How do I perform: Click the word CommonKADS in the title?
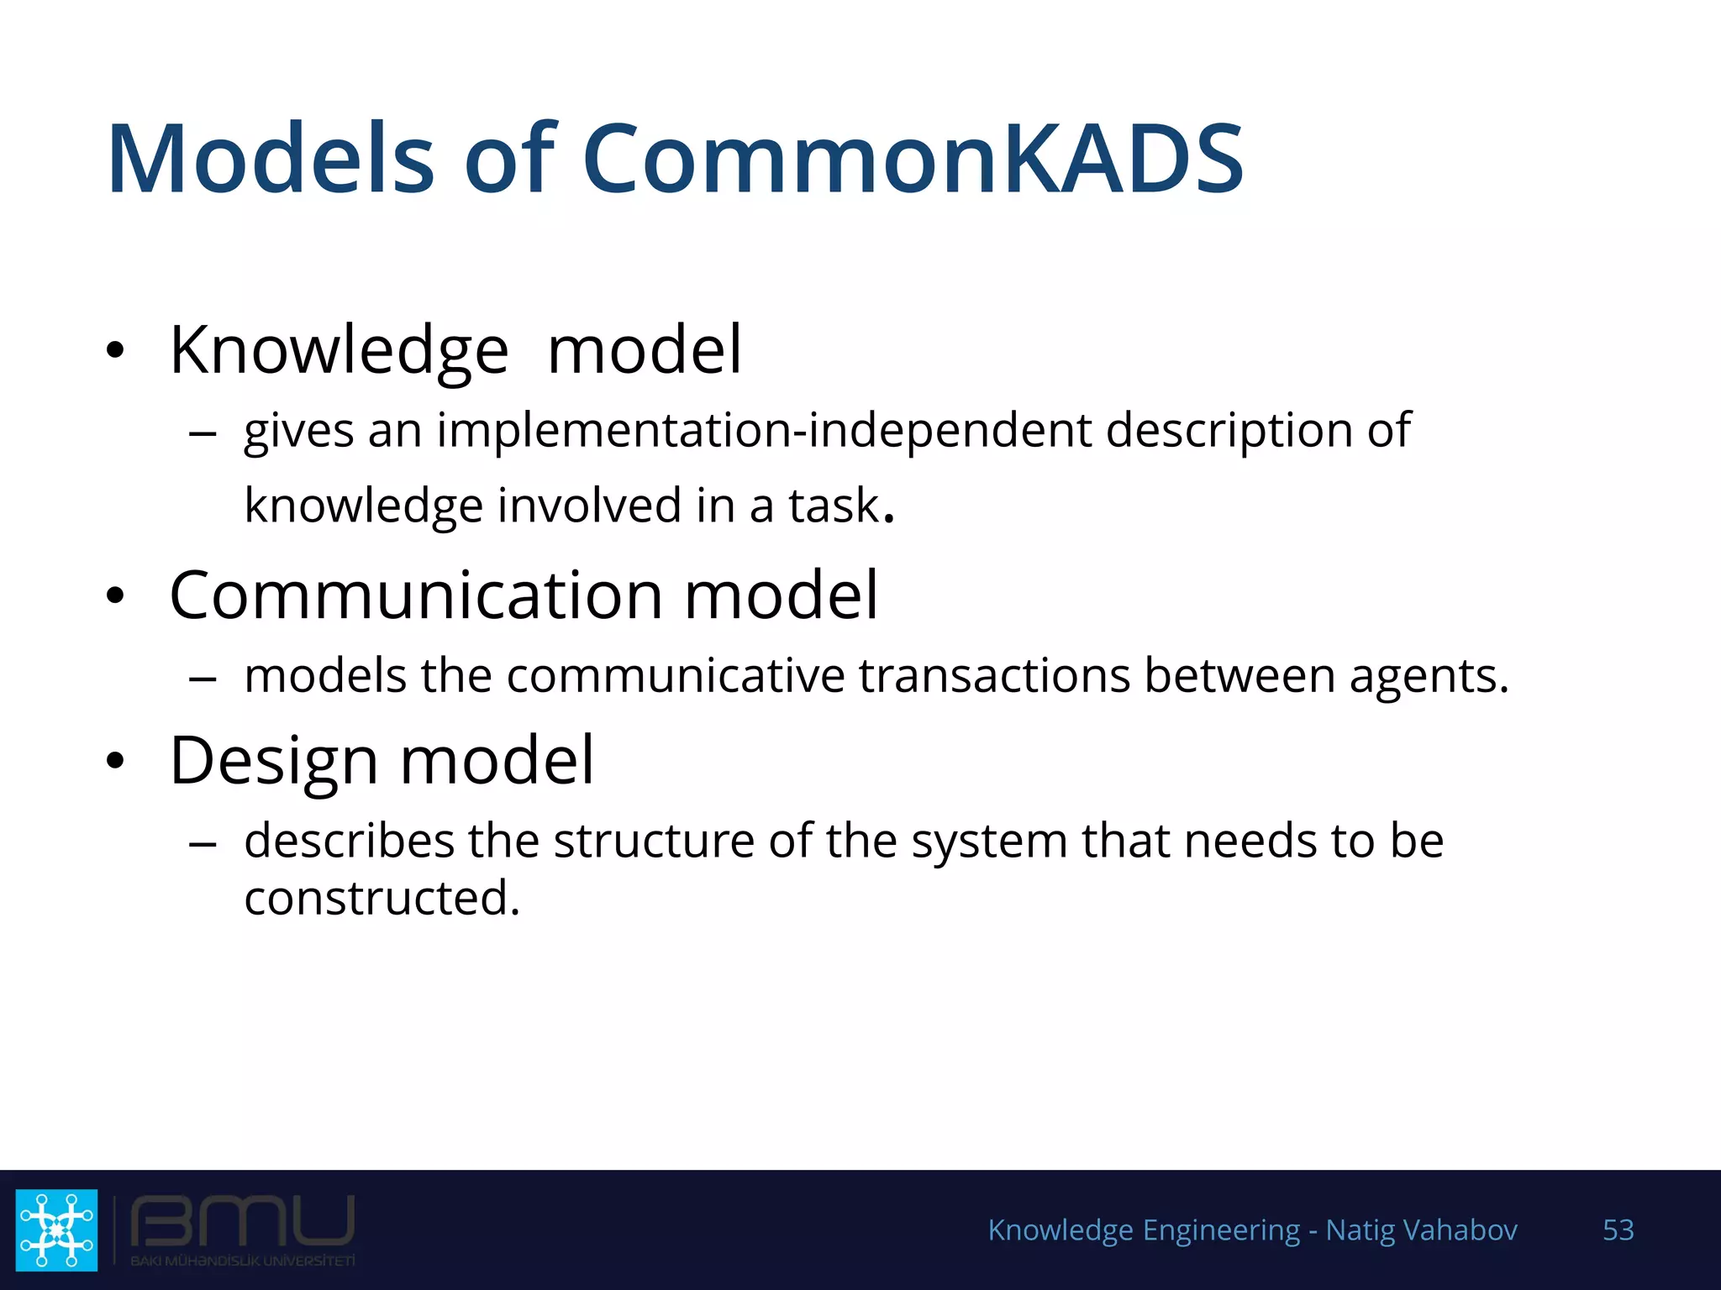tap(912, 160)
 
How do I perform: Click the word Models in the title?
tap(271, 160)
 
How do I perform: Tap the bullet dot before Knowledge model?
tap(116, 351)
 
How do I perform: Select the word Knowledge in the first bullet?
tap(339, 351)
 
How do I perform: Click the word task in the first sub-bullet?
tap(833, 506)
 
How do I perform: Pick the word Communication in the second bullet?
tap(416, 595)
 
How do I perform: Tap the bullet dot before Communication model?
tap(116, 596)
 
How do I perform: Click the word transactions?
tap(993, 676)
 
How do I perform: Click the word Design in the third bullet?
tap(273, 761)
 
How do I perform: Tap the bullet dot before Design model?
tap(116, 762)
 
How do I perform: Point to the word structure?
tap(654, 841)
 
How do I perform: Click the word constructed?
tap(382, 898)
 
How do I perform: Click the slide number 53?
tap(1618, 1230)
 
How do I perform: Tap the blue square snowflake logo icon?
tap(57, 1230)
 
